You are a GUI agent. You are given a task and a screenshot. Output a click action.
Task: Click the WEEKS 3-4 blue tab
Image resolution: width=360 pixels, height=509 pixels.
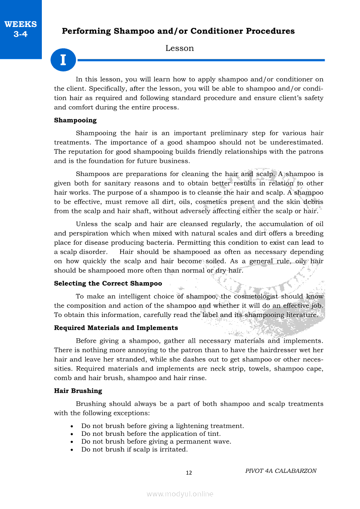20,29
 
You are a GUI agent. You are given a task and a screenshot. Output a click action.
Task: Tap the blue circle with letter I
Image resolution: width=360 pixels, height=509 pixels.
63,60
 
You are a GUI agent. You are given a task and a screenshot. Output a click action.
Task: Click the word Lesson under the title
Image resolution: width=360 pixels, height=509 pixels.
180,48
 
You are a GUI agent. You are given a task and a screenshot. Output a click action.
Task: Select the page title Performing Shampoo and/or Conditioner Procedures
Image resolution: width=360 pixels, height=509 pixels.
178,31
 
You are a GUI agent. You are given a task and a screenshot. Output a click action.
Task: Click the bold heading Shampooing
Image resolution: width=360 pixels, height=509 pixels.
75,120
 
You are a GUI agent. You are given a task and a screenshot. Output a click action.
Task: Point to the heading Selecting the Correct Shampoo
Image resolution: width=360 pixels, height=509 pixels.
108,283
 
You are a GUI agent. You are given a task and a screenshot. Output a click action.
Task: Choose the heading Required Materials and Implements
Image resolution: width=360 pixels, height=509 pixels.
116,328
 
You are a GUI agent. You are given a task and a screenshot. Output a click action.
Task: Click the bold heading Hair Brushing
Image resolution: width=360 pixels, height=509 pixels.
78,391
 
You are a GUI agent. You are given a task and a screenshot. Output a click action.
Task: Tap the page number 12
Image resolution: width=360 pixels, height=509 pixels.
189,473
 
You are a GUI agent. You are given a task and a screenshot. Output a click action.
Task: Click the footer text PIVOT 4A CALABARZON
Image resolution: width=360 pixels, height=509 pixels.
281,471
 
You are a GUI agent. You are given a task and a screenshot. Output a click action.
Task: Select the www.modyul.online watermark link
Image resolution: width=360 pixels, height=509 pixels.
180,494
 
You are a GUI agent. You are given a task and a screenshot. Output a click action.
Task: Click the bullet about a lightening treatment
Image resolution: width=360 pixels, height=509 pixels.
163,426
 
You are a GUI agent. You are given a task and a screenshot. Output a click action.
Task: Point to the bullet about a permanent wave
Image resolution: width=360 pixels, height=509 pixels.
156,442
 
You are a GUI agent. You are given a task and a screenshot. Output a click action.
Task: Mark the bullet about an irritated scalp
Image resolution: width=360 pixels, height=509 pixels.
134,449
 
